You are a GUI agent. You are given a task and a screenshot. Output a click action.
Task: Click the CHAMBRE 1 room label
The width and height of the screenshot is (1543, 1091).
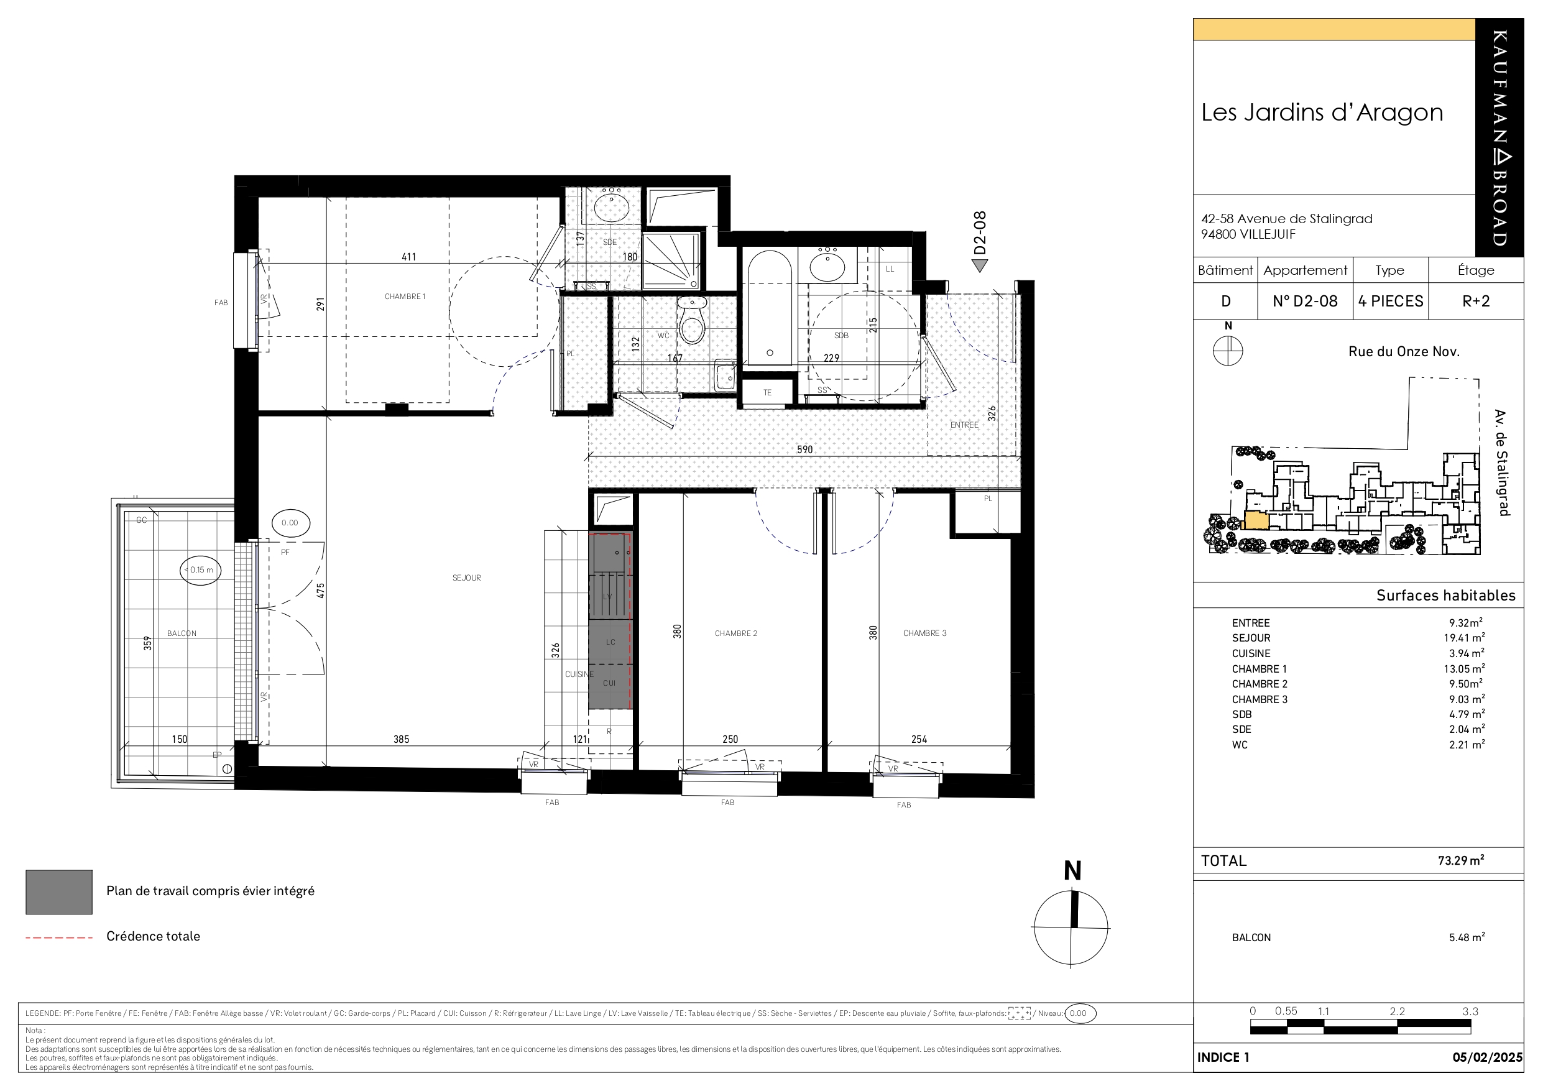[x=405, y=297]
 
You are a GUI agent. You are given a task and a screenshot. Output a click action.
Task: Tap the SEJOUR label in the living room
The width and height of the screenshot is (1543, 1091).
[x=466, y=578]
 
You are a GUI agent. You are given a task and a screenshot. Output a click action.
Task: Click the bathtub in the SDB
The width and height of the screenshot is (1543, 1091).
[x=770, y=308]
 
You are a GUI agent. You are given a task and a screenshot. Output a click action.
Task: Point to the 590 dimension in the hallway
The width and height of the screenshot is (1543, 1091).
[x=804, y=449]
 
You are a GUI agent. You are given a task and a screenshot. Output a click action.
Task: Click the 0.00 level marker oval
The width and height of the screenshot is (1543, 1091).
[x=290, y=522]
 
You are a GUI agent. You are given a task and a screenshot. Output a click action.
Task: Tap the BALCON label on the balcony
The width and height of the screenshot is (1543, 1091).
[x=182, y=633]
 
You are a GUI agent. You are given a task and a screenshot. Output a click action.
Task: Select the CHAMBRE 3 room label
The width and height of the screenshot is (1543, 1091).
[x=924, y=633]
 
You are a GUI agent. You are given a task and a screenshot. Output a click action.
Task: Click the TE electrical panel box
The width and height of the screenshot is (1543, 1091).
[x=767, y=392]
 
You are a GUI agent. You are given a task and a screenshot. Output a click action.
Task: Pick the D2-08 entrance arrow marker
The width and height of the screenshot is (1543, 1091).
[x=980, y=266]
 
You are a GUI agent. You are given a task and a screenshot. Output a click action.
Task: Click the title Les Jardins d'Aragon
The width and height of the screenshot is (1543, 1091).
[x=1322, y=113]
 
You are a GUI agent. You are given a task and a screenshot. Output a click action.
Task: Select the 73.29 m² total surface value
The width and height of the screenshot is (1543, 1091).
[x=1461, y=860]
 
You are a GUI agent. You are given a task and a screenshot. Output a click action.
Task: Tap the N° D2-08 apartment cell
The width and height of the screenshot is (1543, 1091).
[x=1305, y=301]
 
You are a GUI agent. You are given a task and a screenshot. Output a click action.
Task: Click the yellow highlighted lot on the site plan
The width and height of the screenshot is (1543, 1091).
[x=1256, y=521]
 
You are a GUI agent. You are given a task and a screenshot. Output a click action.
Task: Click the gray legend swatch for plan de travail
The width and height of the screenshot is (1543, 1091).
[x=59, y=892]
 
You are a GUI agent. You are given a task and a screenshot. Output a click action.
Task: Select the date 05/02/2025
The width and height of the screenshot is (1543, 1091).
[x=1487, y=1057]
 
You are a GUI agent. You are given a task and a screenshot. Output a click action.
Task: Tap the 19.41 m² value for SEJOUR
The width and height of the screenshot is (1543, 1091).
[x=1467, y=637]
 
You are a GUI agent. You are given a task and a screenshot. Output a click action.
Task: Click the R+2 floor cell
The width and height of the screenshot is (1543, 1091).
[x=1476, y=301]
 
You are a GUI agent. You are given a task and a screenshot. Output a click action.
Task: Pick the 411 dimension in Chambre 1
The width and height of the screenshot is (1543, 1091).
[x=408, y=257]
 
